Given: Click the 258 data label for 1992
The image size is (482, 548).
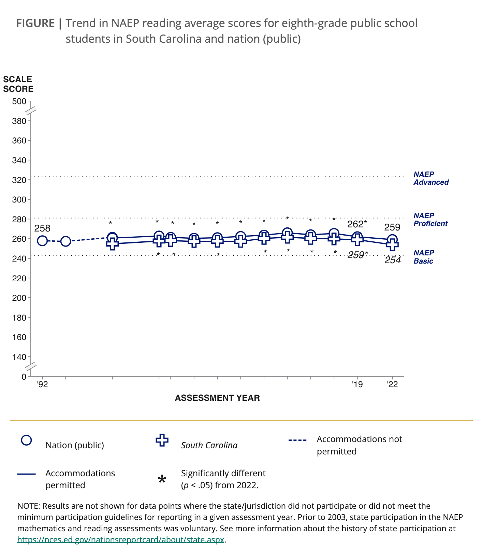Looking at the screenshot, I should click(42, 228).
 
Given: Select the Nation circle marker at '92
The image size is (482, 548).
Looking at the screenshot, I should click(42, 241).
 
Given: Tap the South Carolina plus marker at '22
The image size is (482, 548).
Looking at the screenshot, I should click(392, 244).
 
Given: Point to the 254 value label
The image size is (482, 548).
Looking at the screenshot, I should click(393, 260).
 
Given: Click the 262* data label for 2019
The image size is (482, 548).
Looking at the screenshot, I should click(357, 224).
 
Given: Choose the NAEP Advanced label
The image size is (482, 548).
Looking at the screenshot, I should click(431, 178).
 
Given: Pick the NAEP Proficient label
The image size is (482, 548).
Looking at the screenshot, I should click(430, 220).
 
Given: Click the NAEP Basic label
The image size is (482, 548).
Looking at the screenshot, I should click(424, 257).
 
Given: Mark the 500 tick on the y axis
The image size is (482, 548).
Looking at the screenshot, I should click(19, 101).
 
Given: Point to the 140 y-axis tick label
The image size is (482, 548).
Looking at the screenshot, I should click(19, 357).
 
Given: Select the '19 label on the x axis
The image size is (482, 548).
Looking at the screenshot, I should click(357, 384).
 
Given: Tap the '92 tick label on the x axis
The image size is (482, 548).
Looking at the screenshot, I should click(42, 384).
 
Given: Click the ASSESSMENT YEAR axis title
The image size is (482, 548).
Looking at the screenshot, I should click(217, 398).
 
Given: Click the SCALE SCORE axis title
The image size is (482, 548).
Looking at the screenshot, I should click(18, 84).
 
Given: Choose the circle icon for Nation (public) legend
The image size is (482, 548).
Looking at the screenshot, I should click(27, 440).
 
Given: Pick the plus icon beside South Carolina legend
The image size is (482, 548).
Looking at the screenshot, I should click(162, 440).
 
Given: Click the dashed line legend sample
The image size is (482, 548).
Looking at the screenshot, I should click(297, 440).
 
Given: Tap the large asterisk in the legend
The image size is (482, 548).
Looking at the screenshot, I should click(162, 480).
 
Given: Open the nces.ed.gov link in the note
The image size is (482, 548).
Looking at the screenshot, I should click(121, 540).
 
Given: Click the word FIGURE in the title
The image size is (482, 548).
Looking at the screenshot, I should click(35, 23).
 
